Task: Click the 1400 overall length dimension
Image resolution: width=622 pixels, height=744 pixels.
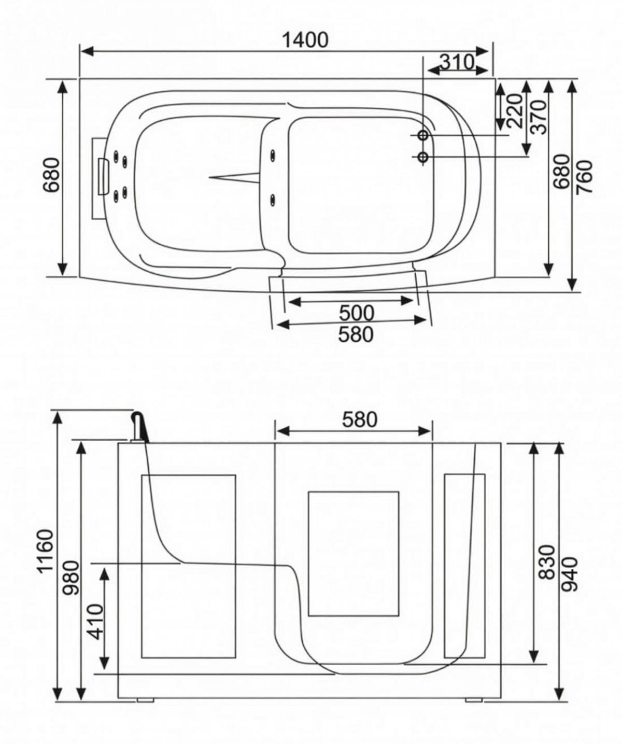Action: (305, 39)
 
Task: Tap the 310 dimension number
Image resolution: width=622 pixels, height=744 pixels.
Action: (457, 62)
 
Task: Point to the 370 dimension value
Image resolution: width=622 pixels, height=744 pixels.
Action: (539, 117)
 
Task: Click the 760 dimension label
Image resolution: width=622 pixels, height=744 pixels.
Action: (584, 177)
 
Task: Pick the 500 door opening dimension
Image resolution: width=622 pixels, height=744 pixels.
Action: (356, 313)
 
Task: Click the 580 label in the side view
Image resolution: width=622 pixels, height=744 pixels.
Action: (359, 419)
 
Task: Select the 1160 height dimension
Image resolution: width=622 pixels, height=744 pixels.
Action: (46, 550)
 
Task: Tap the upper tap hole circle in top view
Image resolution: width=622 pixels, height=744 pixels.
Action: (423, 135)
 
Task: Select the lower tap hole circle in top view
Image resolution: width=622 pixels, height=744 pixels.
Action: (423, 157)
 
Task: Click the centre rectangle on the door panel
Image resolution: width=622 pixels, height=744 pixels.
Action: (354, 553)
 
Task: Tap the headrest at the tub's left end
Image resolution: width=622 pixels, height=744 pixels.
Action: (101, 177)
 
